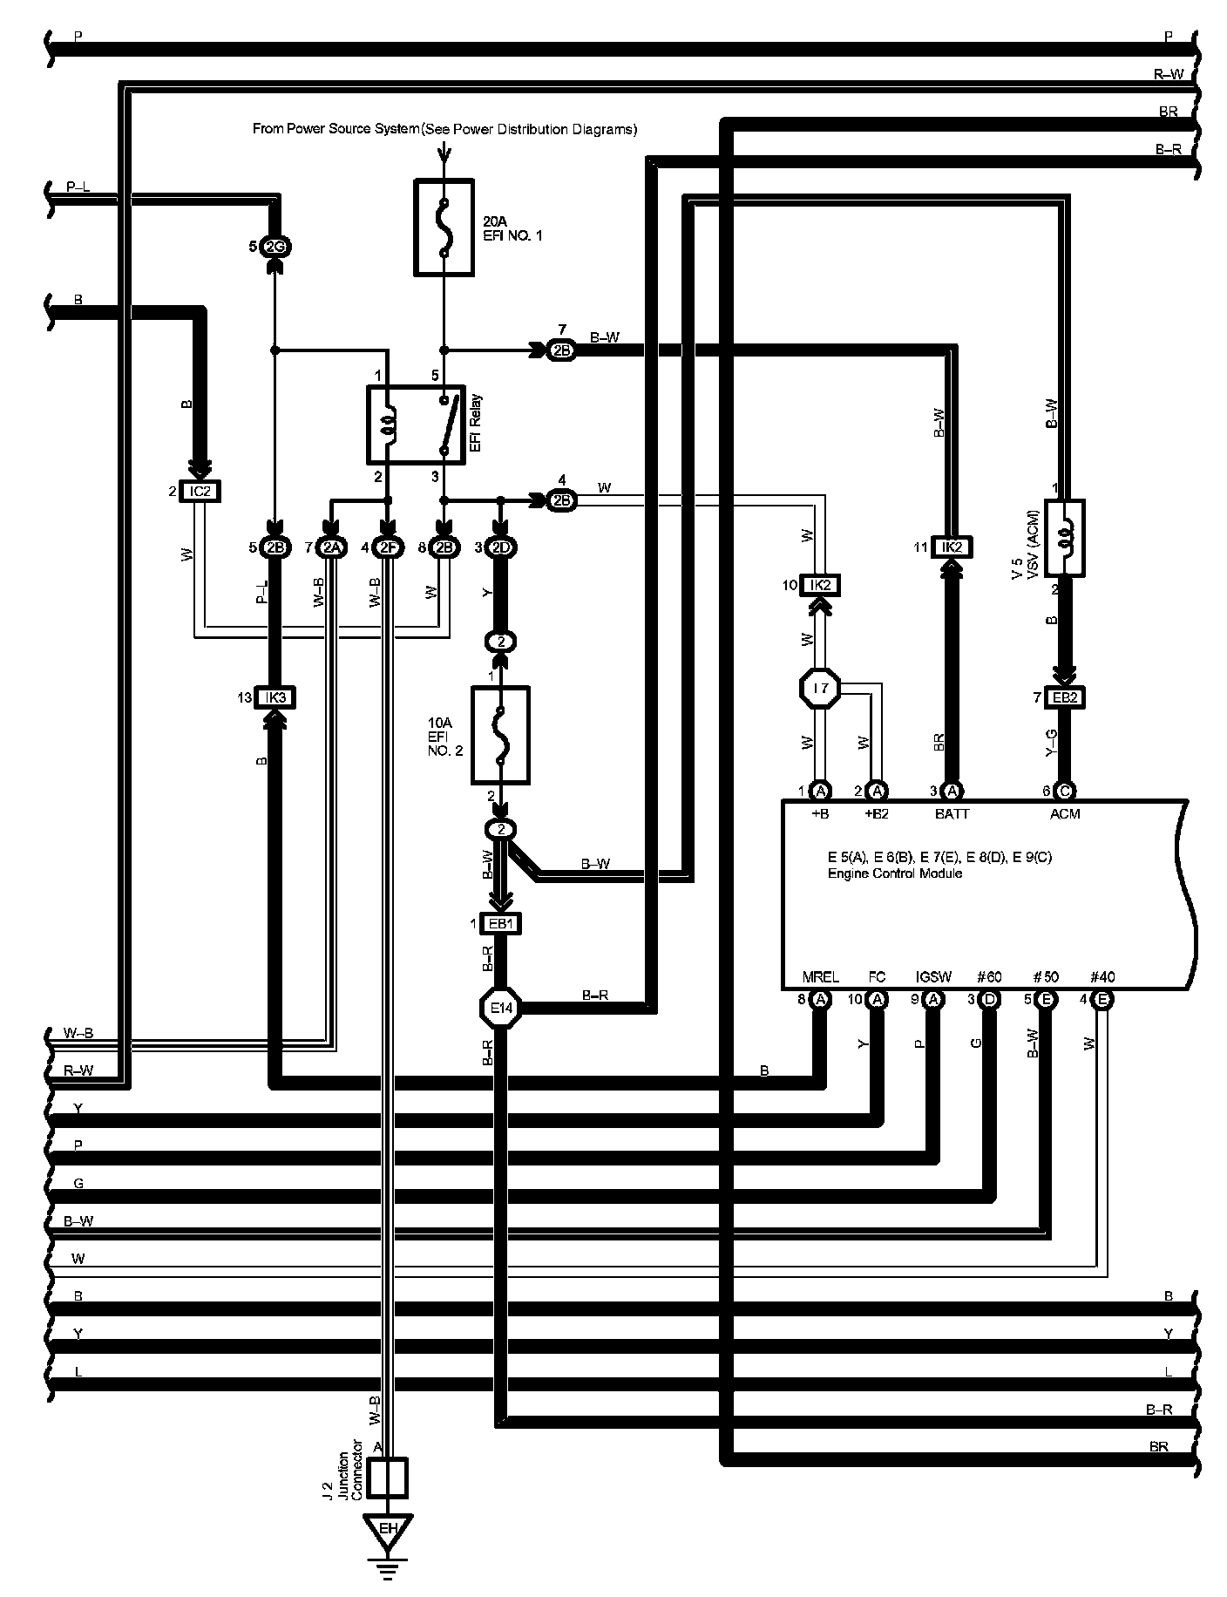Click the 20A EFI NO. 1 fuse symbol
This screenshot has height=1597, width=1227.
click(x=444, y=228)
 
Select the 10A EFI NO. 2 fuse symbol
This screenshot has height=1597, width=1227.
click(x=500, y=735)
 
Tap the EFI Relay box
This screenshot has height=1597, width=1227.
click(x=417, y=424)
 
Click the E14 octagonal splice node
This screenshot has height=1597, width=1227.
click(x=500, y=1009)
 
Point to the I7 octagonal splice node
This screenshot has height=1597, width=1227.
click(x=819, y=689)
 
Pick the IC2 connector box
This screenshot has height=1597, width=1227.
click(x=200, y=492)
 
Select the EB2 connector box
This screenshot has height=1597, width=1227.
click(x=1063, y=697)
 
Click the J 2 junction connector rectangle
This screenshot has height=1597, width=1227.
click(x=388, y=1478)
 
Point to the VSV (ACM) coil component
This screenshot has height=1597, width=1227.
click(x=1064, y=538)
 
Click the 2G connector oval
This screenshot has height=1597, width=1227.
click(x=275, y=248)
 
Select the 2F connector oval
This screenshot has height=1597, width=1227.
click(x=388, y=547)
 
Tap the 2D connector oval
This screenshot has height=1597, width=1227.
click(x=500, y=547)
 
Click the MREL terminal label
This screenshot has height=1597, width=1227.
click(x=820, y=977)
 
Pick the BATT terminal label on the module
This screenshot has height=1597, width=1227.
click(x=952, y=814)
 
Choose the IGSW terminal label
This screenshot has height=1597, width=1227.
click(x=933, y=977)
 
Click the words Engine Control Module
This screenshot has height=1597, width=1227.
click(x=895, y=873)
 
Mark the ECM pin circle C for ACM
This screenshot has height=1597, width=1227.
click(x=1064, y=792)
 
